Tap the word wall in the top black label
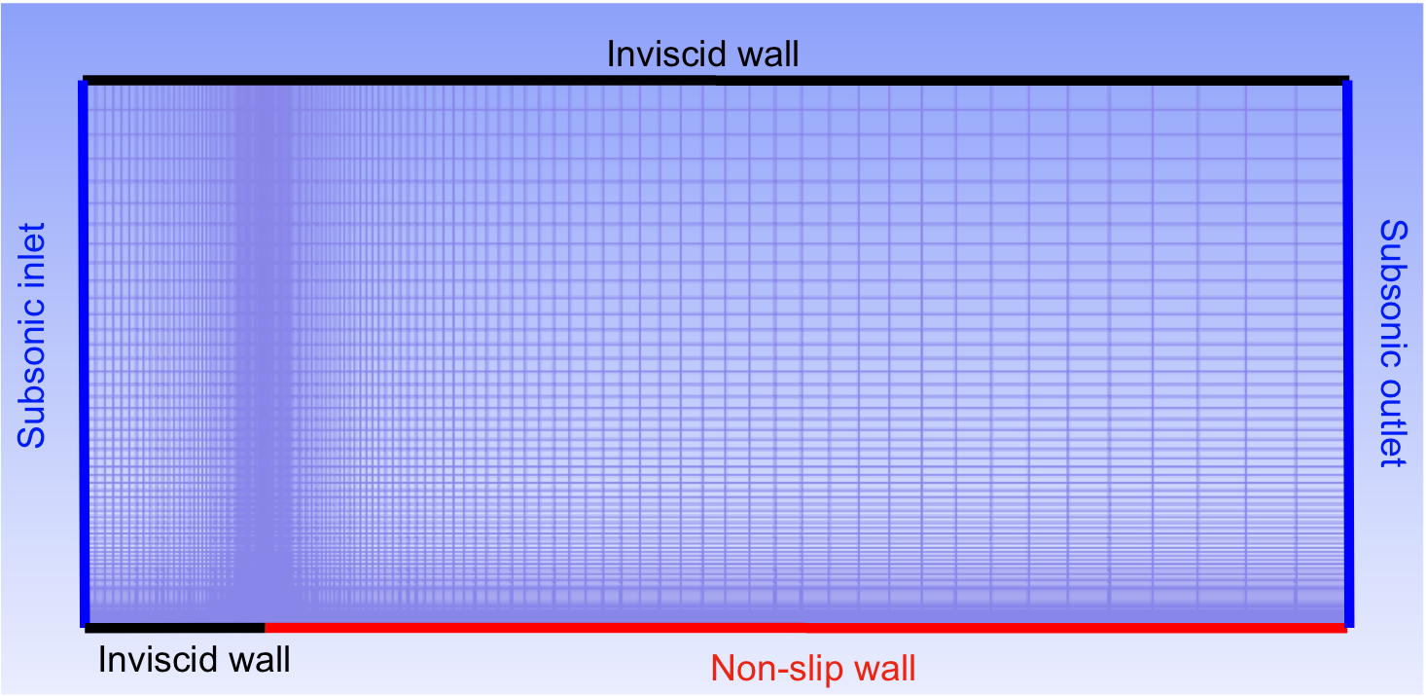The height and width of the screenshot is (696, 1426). (x=768, y=55)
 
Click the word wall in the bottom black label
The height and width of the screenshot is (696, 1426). (x=260, y=660)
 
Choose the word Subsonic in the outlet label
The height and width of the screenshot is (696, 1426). (x=1394, y=294)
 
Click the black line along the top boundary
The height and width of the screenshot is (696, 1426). (x=716, y=80)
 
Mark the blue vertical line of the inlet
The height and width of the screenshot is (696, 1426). (x=84, y=353)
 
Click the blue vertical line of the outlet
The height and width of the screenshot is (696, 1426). (x=1348, y=353)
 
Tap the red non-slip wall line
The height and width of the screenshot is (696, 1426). (x=806, y=629)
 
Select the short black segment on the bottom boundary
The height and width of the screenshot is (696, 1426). (x=175, y=629)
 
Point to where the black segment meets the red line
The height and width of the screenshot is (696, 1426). (x=265, y=629)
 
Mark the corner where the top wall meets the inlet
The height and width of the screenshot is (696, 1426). (x=84, y=80)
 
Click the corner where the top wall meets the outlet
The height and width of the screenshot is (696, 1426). (x=1348, y=80)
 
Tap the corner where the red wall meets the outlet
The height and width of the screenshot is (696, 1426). (x=1348, y=629)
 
